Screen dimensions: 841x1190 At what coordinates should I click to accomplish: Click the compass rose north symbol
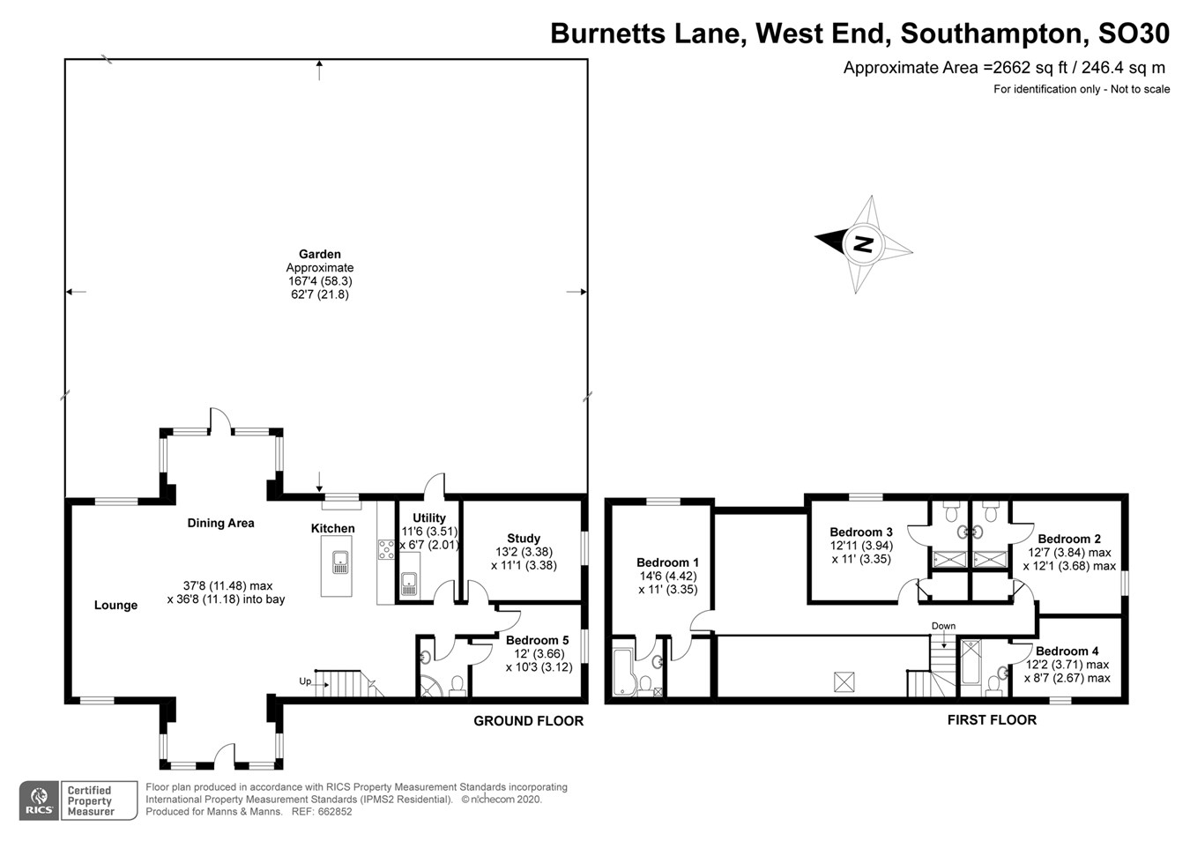863,244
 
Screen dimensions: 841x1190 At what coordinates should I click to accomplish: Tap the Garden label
319,254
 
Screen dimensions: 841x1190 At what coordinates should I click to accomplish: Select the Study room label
523,538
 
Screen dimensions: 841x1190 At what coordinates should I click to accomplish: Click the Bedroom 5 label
537,640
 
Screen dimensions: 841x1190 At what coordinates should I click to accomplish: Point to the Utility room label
429,517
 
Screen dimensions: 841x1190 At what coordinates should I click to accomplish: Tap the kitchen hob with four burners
386,550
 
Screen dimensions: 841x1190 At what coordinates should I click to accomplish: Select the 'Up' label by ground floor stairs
305,681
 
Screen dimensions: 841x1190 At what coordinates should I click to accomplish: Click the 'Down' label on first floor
943,626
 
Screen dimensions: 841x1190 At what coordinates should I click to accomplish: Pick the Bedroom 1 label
667,562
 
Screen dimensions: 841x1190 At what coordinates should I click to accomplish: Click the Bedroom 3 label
860,532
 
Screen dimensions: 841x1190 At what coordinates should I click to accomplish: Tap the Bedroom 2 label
1068,539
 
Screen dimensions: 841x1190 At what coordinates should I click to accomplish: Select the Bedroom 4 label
1067,651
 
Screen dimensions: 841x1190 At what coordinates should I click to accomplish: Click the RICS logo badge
39,800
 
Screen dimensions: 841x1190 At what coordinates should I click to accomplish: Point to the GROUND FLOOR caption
528,721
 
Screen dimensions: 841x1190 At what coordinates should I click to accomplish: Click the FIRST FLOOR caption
992,720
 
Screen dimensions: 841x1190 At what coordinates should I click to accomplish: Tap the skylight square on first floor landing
844,681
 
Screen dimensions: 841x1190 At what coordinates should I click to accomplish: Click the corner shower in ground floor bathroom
431,686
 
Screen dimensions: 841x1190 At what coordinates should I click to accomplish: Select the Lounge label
115,605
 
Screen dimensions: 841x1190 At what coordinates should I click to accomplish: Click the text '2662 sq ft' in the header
1035,68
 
